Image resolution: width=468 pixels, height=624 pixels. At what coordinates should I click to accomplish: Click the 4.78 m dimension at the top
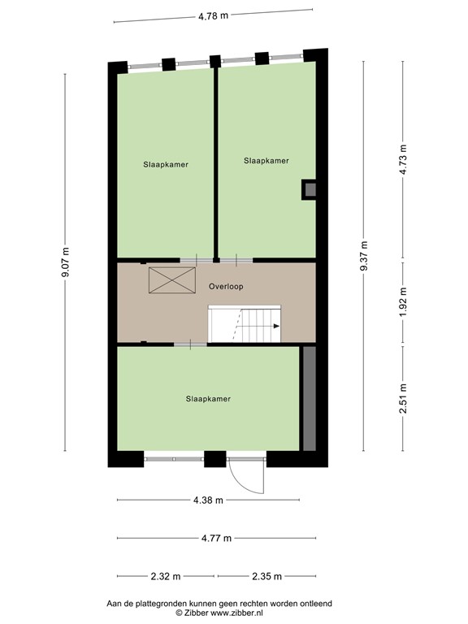[x=213, y=15]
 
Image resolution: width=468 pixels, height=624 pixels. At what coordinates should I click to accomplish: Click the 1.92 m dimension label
[x=403, y=303]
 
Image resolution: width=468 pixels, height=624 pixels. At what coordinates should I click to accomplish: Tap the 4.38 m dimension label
[x=207, y=500]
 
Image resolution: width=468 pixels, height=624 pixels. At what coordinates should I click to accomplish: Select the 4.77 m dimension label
[x=215, y=538]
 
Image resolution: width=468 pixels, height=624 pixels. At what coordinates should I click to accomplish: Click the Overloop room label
[x=225, y=287]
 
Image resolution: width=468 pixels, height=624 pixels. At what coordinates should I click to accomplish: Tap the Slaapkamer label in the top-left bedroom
[x=166, y=164]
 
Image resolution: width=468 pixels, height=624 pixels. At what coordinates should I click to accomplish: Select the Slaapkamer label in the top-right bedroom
[x=266, y=161]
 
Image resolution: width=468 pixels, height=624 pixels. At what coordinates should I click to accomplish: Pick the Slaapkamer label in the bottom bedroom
[x=208, y=399]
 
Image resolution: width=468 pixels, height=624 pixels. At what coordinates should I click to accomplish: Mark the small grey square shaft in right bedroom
[x=309, y=189]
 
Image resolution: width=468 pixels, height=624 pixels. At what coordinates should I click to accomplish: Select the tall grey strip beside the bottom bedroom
[x=309, y=398]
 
